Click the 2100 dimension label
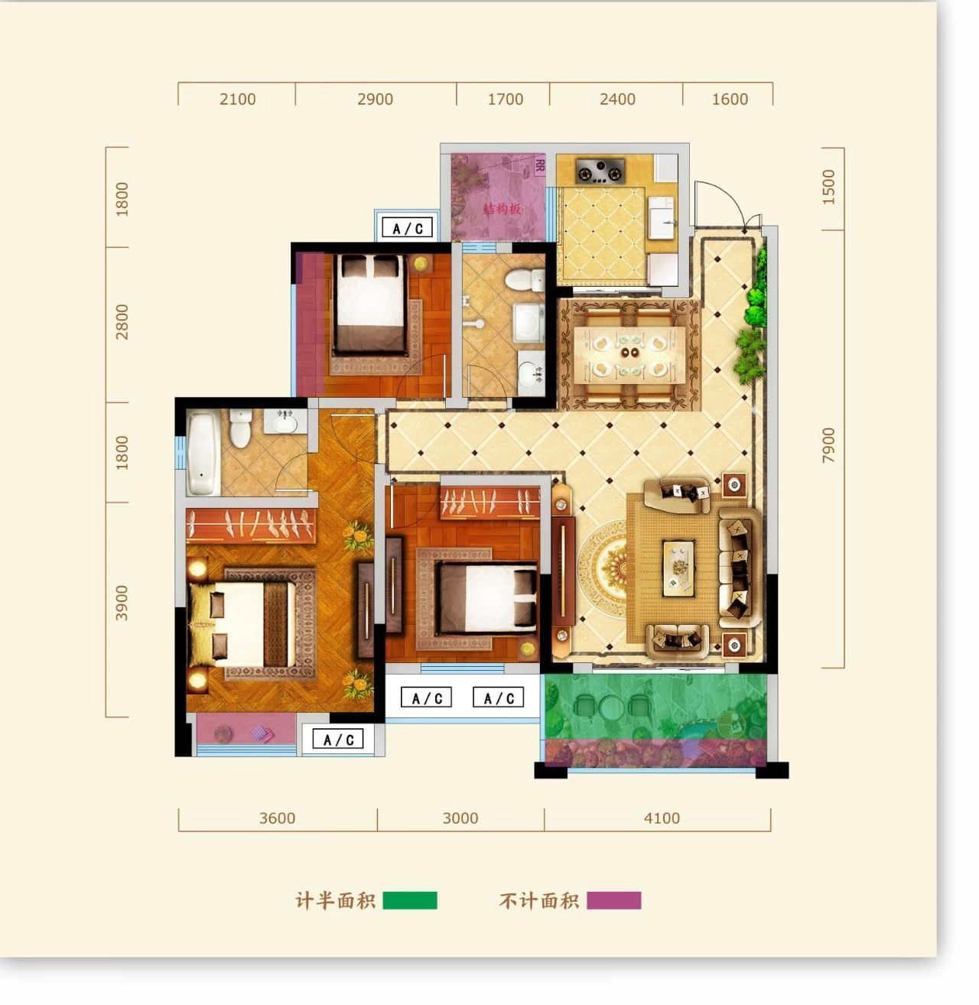(238, 99)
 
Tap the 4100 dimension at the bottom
(662, 818)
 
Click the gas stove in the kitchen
(600, 171)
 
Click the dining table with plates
(629, 355)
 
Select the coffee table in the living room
(678, 568)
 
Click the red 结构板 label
(502, 209)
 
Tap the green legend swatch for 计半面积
(409, 900)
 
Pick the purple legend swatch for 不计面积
(614, 900)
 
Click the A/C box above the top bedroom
(408, 228)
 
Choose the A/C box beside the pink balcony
(338, 739)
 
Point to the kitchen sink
(662, 221)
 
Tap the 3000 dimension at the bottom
(460, 818)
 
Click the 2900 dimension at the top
(376, 99)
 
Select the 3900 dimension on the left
(122, 603)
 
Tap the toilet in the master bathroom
(239, 428)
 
